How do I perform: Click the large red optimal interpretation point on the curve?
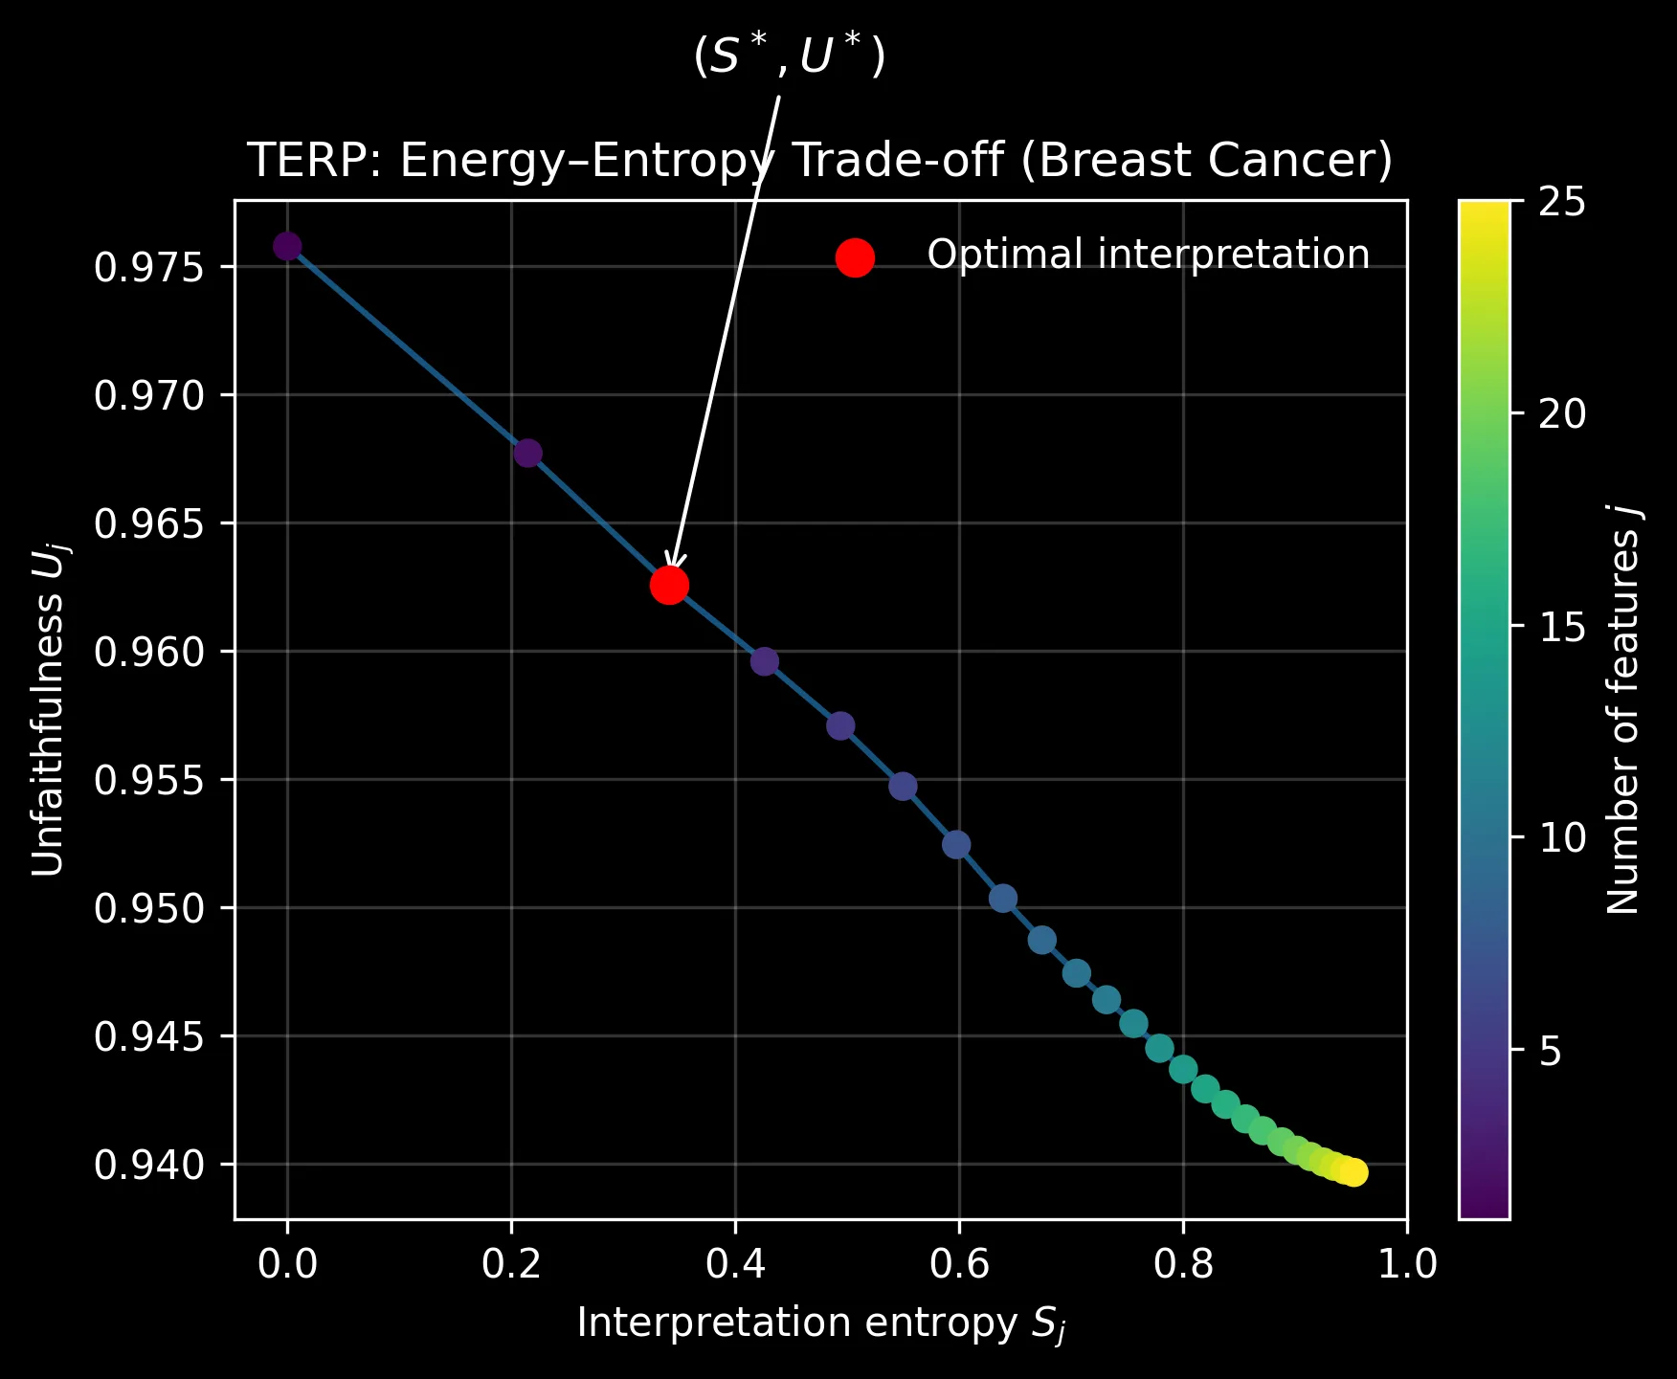pyautogui.click(x=669, y=585)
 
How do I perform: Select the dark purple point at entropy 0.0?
pyautogui.click(x=287, y=246)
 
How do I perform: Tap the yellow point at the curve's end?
pyautogui.click(x=1354, y=1172)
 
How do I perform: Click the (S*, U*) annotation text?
pyautogui.click(x=789, y=57)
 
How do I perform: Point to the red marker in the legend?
pyautogui.click(x=855, y=257)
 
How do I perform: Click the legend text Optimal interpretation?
pyautogui.click(x=1148, y=255)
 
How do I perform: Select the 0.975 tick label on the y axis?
pyautogui.click(x=149, y=267)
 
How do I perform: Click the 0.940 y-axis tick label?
pyautogui.click(x=149, y=1165)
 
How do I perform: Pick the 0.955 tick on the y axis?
pyautogui.click(x=149, y=780)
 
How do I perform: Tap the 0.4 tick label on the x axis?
pyautogui.click(x=735, y=1264)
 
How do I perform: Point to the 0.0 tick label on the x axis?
pyautogui.click(x=287, y=1264)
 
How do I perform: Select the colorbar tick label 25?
pyautogui.click(x=1562, y=203)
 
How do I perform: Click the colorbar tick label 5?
pyautogui.click(x=1551, y=1052)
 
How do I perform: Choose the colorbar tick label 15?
pyautogui.click(x=1562, y=628)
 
